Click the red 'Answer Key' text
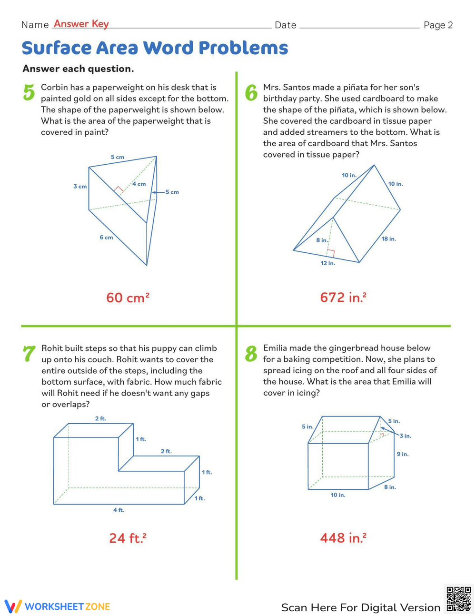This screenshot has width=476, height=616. pyautogui.click(x=81, y=24)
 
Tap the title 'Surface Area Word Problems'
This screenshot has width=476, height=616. pyautogui.click(x=155, y=48)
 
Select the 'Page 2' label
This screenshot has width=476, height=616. pyautogui.click(x=438, y=25)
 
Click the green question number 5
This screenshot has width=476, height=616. pyautogui.click(x=29, y=92)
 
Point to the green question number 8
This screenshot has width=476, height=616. pyautogui.click(x=251, y=354)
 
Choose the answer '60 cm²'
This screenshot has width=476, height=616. pyautogui.click(x=128, y=298)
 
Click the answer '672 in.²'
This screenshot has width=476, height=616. pyautogui.click(x=343, y=298)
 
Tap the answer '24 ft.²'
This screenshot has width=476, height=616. pyautogui.click(x=128, y=538)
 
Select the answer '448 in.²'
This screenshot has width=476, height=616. pyautogui.click(x=343, y=538)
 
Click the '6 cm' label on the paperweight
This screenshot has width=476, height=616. pyautogui.click(x=106, y=238)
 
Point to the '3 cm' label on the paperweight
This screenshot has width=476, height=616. pyautogui.click(x=80, y=187)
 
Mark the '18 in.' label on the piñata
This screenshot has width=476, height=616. pyautogui.click(x=388, y=239)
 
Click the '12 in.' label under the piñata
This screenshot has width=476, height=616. pyautogui.click(x=327, y=263)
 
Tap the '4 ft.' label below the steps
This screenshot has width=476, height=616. pyautogui.click(x=119, y=510)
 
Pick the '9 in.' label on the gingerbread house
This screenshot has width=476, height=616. pyautogui.click(x=403, y=454)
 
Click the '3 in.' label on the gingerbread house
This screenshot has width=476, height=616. pyautogui.click(x=405, y=436)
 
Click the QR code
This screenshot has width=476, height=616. pyautogui.click(x=458, y=598)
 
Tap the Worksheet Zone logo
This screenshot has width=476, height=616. pyautogui.click(x=57, y=606)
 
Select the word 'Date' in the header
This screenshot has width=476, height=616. pyautogui.click(x=286, y=25)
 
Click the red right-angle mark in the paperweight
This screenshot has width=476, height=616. pyautogui.click(x=119, y=189)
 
